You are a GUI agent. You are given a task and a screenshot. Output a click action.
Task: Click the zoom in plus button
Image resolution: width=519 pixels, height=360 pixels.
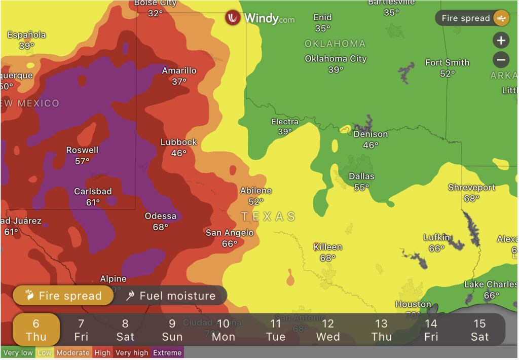(501, 41)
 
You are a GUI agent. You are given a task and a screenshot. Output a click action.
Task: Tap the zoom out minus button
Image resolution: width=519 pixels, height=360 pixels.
(501, 60)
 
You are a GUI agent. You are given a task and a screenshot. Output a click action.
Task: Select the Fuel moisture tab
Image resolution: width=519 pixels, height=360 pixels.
(171, 296)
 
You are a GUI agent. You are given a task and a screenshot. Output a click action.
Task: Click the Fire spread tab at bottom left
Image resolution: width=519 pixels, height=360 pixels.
(63, 296)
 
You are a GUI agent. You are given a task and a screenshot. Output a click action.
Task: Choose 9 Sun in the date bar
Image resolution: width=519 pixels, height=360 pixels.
(172, 330)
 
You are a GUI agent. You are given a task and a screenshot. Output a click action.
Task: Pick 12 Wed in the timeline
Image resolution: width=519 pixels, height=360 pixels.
(328, 330)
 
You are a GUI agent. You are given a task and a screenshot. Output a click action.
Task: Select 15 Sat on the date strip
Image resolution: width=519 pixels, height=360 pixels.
(479, 330)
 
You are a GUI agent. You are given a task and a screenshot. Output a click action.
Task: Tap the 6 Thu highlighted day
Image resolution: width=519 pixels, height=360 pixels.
(36, 330)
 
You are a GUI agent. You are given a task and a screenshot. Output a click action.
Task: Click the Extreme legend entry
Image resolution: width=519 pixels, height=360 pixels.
(167, 352)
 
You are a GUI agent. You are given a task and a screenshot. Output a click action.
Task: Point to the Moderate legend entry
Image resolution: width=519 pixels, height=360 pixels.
(72, 352)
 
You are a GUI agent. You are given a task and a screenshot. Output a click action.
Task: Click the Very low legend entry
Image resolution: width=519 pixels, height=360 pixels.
(18, 352)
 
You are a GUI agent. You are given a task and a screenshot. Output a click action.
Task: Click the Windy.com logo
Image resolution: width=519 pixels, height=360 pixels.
(260, 18)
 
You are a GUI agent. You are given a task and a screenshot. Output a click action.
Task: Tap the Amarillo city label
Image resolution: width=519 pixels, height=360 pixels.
(179, 70)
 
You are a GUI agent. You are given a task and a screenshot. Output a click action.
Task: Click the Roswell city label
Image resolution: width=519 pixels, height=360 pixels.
(82, 150)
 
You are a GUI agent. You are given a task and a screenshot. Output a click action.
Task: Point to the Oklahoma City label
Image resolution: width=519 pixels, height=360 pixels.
(336, 59)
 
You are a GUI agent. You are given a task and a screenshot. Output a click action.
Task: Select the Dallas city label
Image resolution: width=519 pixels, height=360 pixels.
(361, 176)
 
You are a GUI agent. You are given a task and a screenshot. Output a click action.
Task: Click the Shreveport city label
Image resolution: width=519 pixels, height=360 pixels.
(471, 188)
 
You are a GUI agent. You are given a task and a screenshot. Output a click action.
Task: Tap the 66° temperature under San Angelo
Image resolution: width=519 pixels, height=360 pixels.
(230, 244)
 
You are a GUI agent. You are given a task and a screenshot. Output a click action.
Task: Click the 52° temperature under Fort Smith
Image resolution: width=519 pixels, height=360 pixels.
(447, 74)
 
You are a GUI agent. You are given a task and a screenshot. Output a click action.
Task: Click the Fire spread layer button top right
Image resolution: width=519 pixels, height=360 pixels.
(472, 18)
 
